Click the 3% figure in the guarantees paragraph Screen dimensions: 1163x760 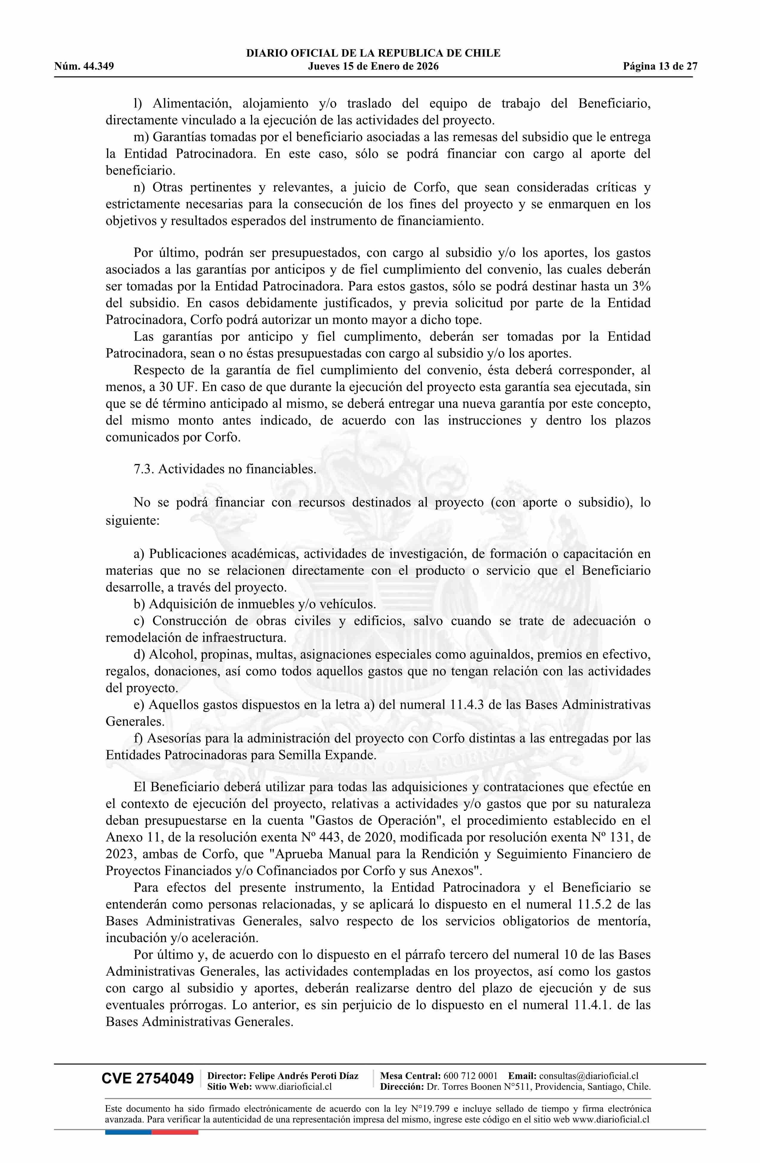tap(640, 286)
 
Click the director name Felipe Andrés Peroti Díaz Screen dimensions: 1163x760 tap(304, 1076)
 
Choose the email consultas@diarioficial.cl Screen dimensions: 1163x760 tap(589, 1076)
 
